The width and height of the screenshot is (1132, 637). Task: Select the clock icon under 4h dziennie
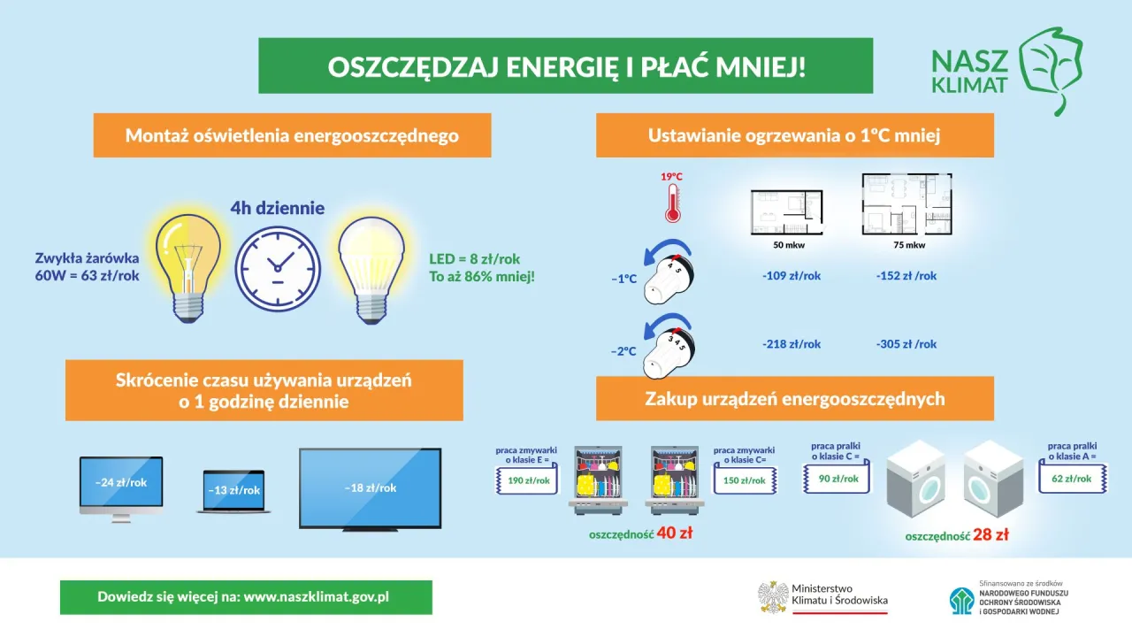277,266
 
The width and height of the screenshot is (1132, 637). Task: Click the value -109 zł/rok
792,276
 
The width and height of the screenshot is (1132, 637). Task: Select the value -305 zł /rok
906,344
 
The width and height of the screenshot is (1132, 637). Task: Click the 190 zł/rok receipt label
529,481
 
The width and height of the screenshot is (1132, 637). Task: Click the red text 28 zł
990,535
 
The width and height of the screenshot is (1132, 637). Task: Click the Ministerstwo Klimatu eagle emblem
773,597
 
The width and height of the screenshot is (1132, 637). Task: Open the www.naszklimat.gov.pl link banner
246,597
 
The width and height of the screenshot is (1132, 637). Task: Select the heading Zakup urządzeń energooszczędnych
794,399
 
